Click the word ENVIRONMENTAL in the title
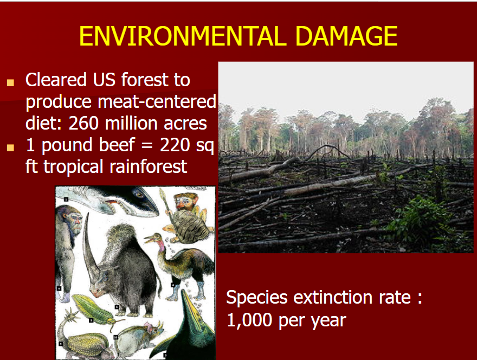coord(183,36)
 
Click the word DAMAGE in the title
coord(346,36)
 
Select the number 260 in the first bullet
coord(83,123)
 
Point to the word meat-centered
coord(157,101)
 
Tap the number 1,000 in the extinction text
coord(249,319)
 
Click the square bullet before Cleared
coord(11,82)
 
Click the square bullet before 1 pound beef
coord(11,147)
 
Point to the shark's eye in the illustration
coord(140,194)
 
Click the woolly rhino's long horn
coord(91,247)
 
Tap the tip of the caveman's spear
coord(162,192)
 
